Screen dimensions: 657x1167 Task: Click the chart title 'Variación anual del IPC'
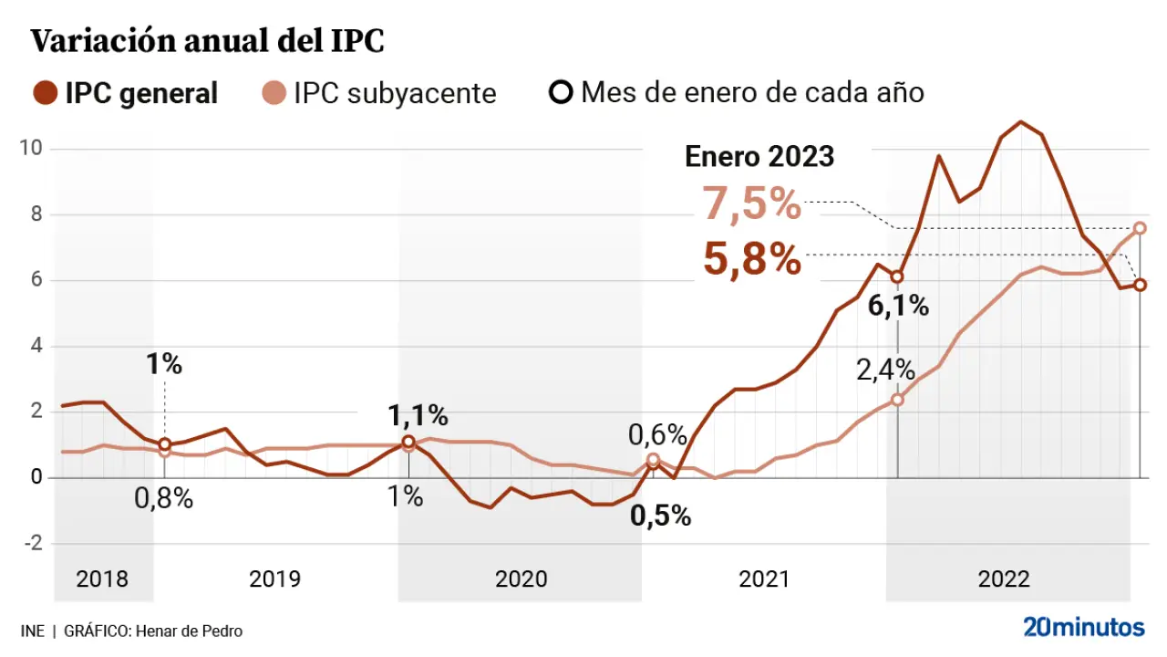pos(208,42)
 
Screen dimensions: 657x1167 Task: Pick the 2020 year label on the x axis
pos(521,579)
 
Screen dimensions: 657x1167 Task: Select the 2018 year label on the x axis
pos(102,579)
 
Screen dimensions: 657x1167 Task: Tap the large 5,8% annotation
pos(752,260)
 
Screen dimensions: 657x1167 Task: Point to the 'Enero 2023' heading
pos(759,156)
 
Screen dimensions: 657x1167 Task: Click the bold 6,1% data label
pos(898,307)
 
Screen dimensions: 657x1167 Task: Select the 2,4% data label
pos(885,370)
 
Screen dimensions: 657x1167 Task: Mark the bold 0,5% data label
pos(661,516)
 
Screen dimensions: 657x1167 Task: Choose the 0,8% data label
pos(164,499)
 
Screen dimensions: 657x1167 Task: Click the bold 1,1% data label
pos(418,416)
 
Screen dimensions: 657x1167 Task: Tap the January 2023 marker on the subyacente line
pos(1140,228)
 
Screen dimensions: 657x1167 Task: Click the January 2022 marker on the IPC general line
pos(897,276)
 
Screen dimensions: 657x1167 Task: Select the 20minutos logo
pos(1083,627)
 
